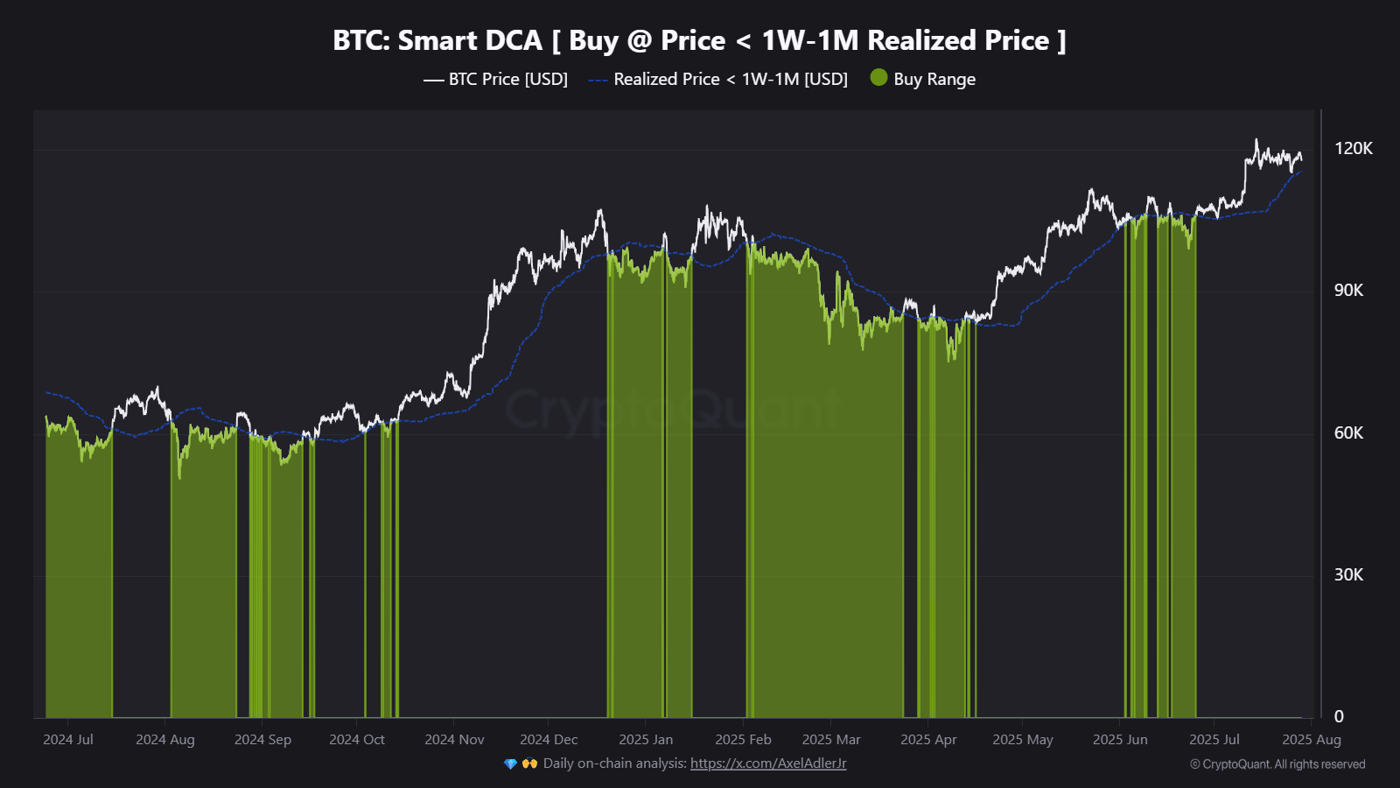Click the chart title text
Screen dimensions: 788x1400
699,40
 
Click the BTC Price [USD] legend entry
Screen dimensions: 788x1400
507,79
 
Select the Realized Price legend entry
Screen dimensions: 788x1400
730,79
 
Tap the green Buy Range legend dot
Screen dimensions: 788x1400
878,78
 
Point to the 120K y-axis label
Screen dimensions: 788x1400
1353,148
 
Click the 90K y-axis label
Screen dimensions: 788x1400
1348,290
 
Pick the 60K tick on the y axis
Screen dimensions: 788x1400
1348,433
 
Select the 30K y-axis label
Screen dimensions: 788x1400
1348,574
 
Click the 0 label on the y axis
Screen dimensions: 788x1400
1339,716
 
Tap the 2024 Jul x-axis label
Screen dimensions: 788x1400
68,740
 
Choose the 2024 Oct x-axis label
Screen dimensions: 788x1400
357,740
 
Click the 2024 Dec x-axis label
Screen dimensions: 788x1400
549,740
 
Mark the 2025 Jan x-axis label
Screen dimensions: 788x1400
646,740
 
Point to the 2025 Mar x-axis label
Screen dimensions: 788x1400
831,740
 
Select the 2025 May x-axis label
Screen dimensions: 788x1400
1023,740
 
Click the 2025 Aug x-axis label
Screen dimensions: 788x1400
1311,740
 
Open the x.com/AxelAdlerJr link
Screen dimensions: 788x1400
768,763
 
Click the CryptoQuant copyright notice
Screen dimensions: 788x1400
1277,764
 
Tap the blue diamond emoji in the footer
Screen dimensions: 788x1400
511,763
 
